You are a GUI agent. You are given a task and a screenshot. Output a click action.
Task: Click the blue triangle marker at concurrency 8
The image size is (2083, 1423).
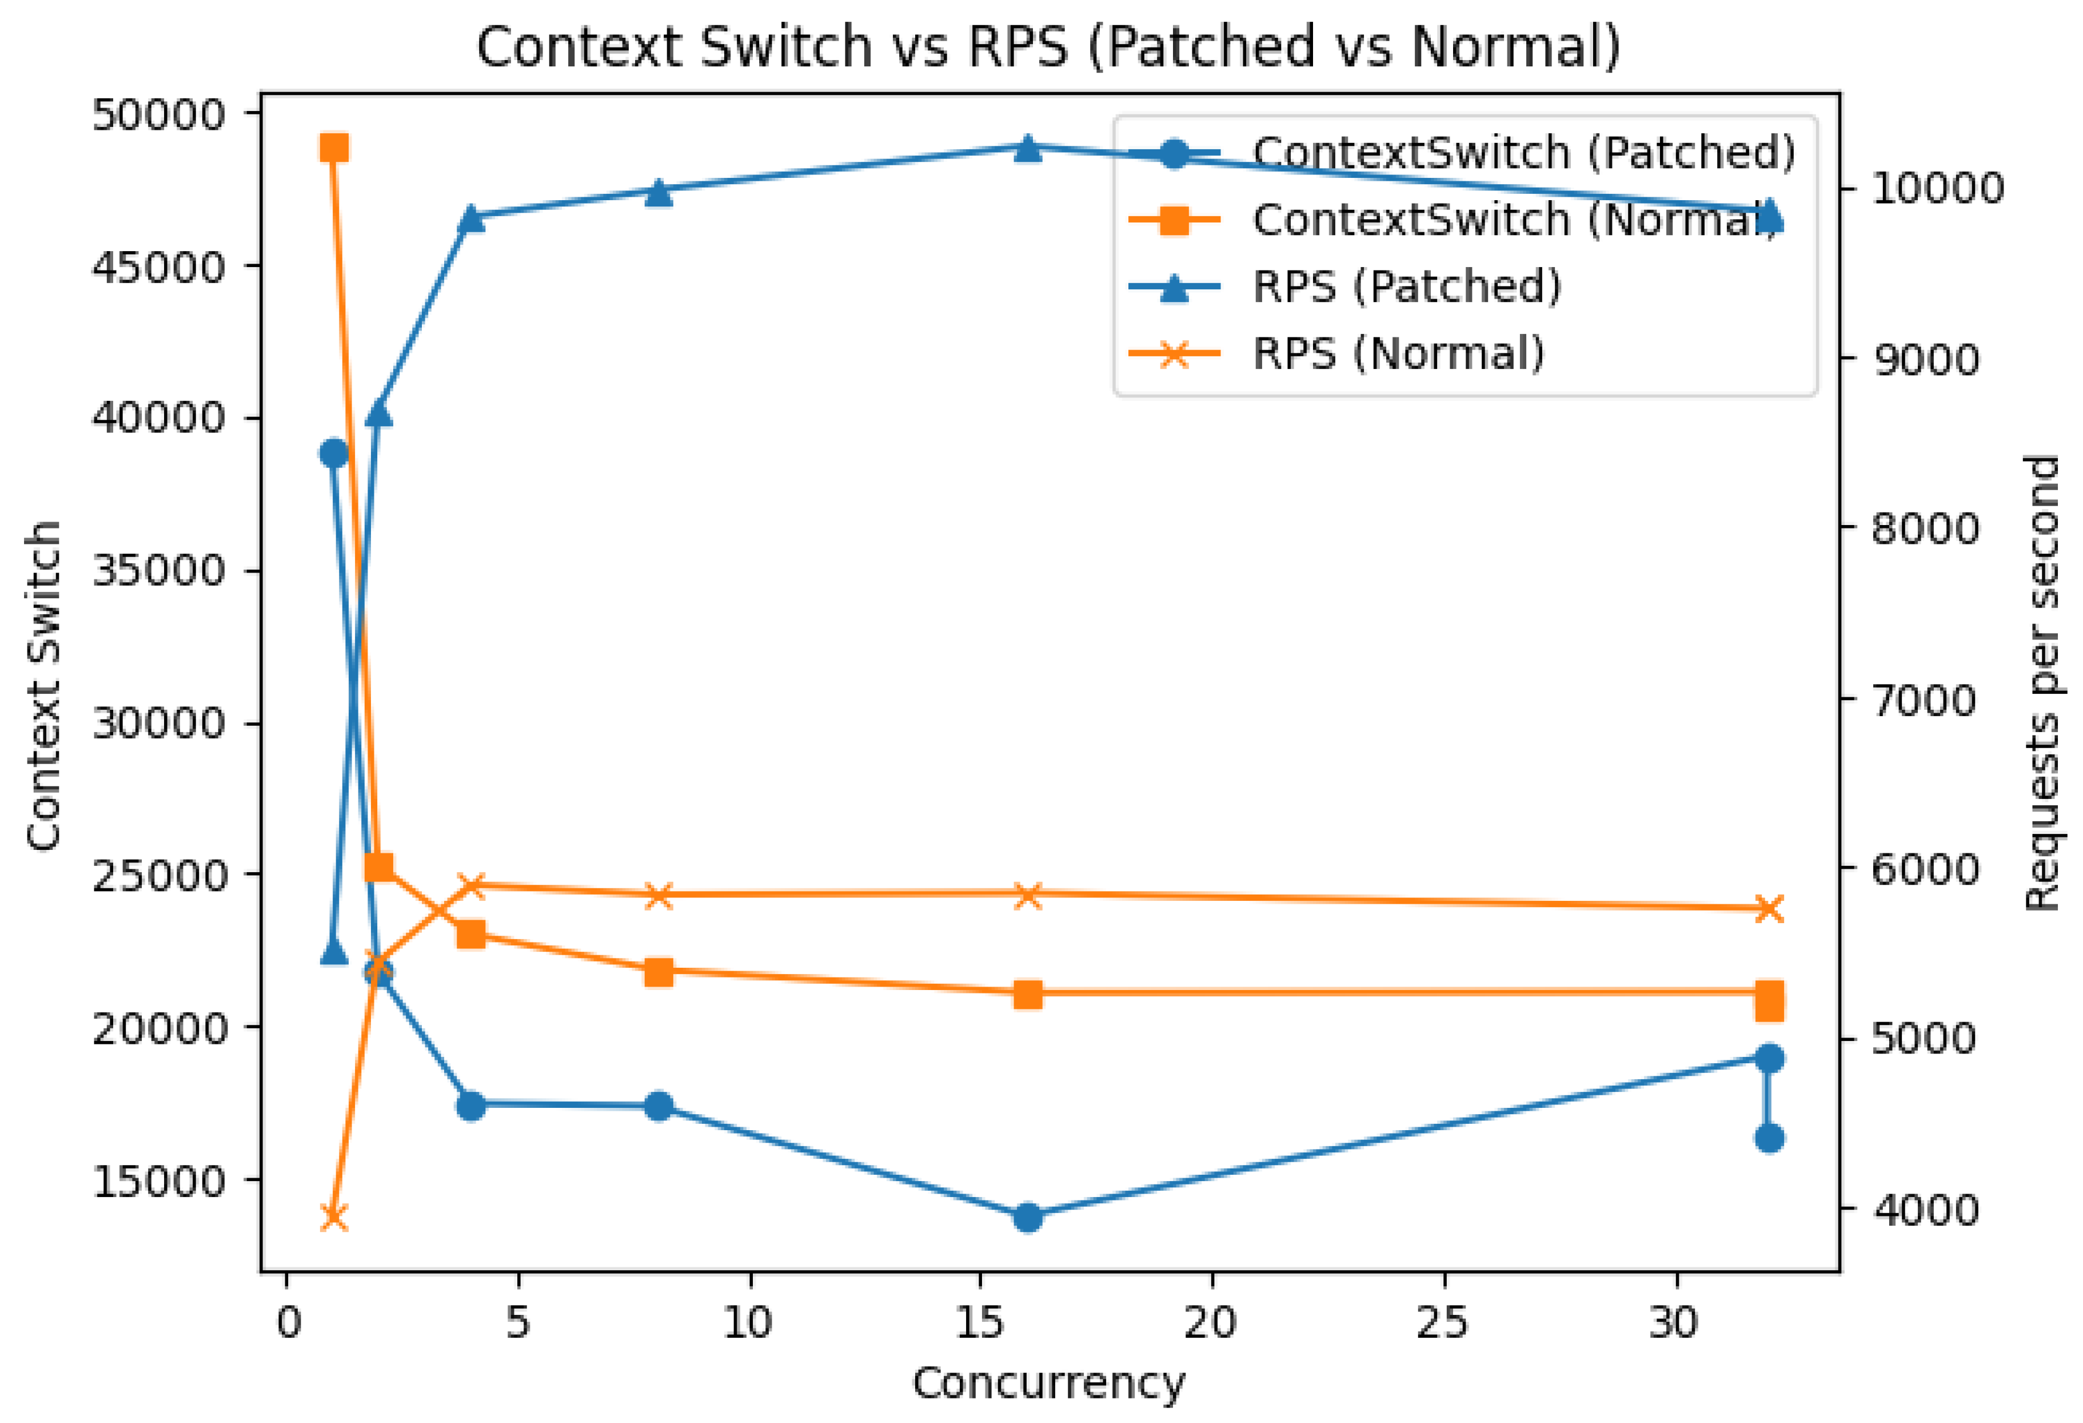click(659, 192)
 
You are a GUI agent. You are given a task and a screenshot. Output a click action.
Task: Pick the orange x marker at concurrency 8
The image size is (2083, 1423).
click(659, 896)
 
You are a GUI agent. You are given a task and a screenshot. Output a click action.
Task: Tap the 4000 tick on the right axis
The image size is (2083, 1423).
click(1924, 1210)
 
